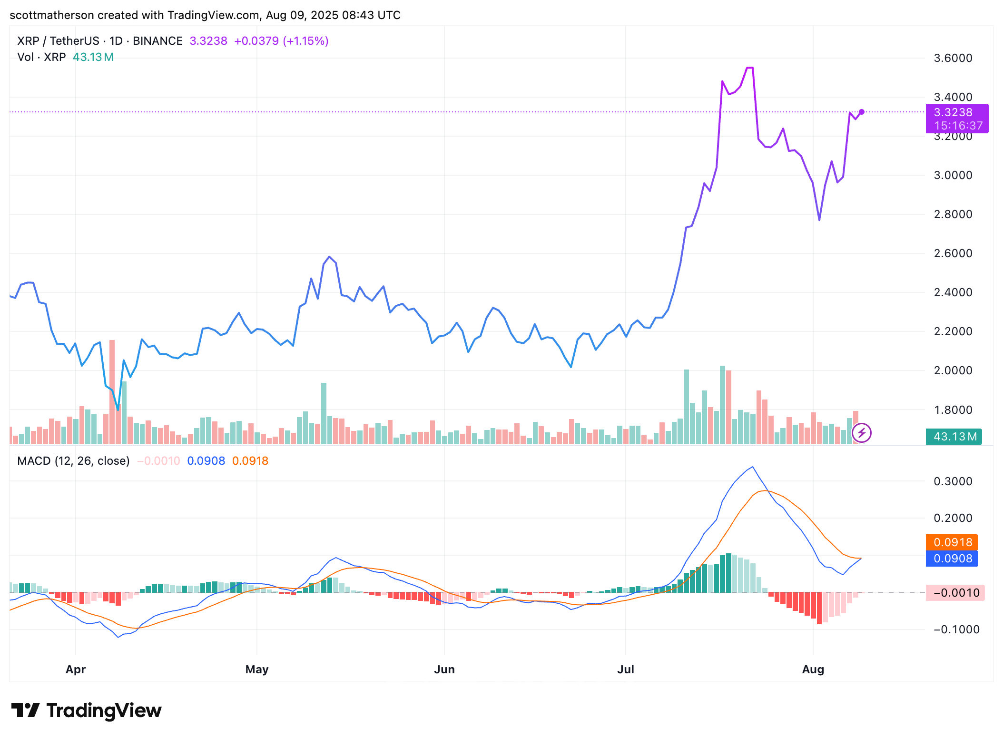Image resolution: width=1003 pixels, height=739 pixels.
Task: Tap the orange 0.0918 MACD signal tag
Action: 952,542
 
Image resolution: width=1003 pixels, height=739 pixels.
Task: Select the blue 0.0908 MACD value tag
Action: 952,559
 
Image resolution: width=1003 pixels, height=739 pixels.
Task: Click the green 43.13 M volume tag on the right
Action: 954,436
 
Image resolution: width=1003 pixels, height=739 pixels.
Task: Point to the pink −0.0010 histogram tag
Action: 955,593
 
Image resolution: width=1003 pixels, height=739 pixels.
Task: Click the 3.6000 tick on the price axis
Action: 953,58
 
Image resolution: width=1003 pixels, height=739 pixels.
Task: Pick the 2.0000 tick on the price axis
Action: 953,370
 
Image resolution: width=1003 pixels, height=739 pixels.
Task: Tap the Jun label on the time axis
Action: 444,669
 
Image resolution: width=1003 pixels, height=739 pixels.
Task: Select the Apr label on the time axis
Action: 76,669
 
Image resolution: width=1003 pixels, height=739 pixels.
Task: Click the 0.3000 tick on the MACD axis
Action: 953,481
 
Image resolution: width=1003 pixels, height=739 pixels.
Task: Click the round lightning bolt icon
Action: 862,433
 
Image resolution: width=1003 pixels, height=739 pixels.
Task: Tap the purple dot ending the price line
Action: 862,112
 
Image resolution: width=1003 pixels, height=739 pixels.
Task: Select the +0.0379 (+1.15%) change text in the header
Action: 281,41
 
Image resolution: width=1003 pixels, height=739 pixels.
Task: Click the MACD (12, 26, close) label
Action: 73,461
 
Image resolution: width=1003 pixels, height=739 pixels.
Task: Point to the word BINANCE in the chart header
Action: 157,41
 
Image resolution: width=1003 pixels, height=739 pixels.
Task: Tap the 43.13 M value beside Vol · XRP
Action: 93,57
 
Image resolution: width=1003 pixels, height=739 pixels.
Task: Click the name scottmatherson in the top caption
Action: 52,15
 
